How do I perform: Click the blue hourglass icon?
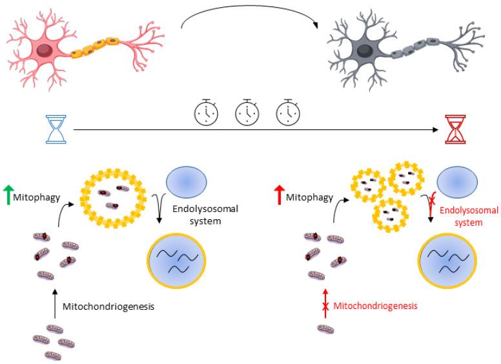57,129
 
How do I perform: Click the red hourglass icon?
457,129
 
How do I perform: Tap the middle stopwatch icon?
247,112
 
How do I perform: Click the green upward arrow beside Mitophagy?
8,193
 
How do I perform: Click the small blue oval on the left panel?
187,182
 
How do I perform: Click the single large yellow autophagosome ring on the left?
111,197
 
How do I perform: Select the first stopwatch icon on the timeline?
207,112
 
